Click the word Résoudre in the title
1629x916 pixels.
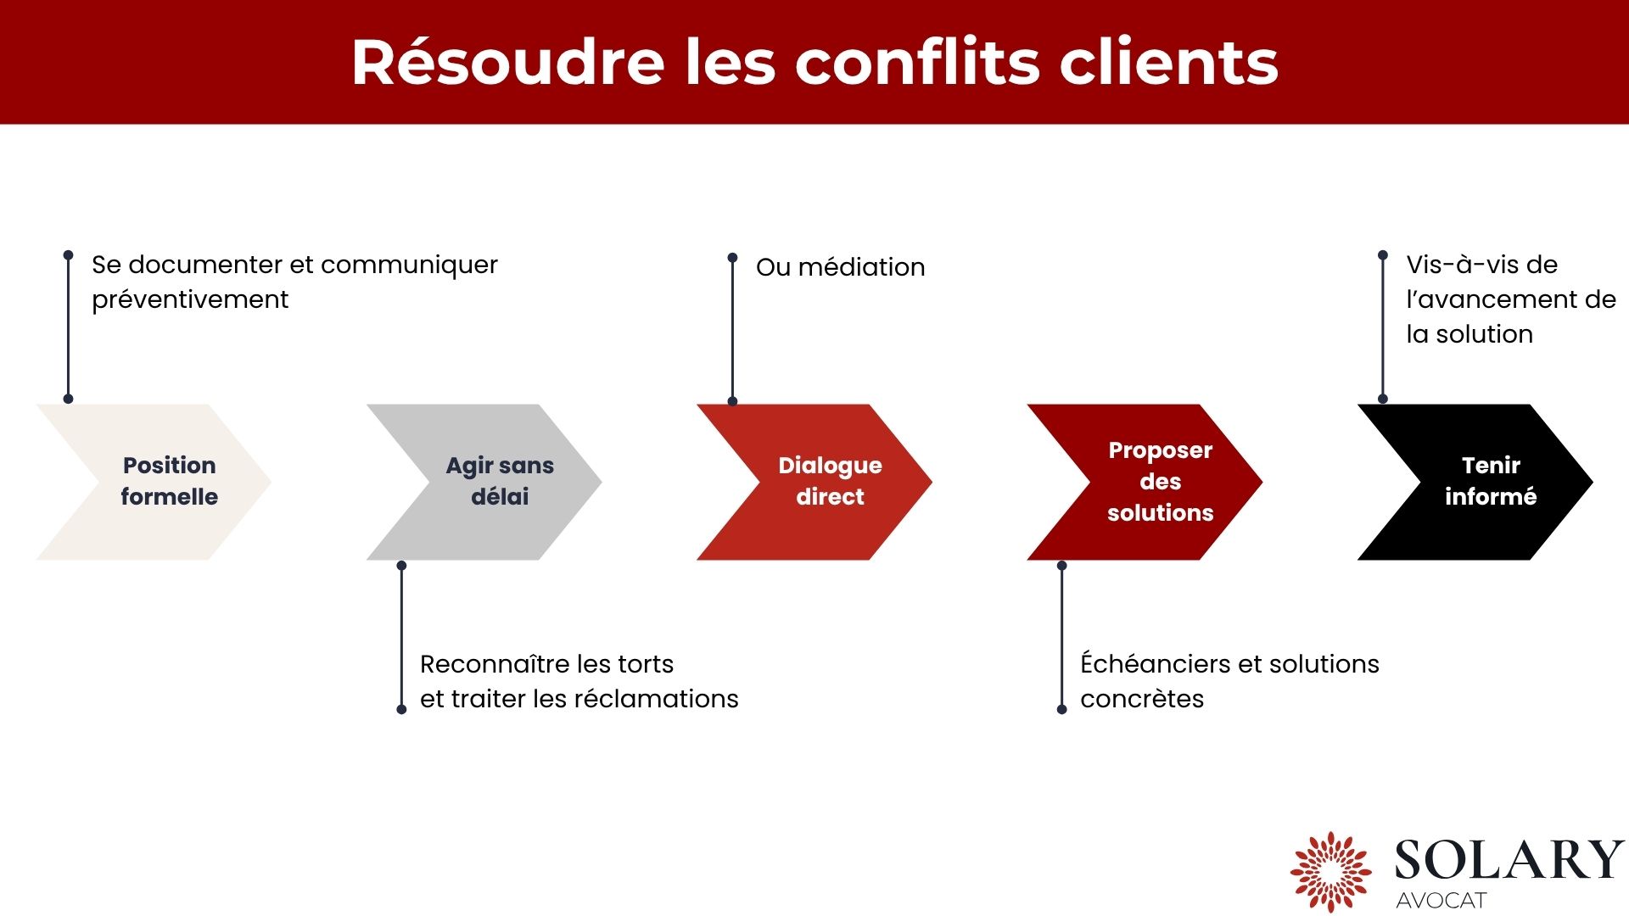[507, 63]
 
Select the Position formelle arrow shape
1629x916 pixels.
[161, 482]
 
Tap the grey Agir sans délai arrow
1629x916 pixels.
[492, 482]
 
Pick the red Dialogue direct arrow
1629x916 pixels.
[823, 482]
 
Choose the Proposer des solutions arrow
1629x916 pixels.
[1154, 482]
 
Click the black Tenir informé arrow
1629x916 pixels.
[1485, 482]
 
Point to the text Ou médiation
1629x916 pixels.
[840, 267]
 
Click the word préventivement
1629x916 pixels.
[190, 300]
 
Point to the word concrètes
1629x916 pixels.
[1141, 699]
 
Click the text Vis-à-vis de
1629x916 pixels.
[1481, 265]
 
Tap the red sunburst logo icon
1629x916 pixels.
[1330, 872]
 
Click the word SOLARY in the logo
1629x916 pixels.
[1509, 860]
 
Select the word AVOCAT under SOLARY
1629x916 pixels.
[1441, 901]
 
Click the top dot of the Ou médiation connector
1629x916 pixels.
[732, 257]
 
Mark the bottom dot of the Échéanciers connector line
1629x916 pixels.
[1061, 709]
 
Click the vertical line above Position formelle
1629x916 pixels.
[68, 327]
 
